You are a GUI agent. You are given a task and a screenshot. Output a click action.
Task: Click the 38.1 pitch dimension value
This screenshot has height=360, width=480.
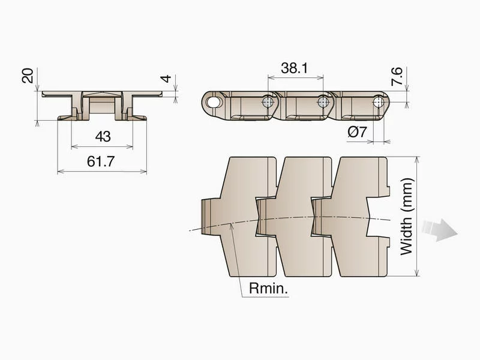point(294,68)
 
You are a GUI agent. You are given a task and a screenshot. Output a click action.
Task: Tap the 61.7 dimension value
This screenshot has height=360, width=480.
point(101,161)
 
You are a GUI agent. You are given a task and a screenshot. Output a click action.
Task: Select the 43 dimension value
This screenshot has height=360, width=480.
point(103,137)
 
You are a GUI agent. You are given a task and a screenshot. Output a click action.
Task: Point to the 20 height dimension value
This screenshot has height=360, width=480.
point(28,76)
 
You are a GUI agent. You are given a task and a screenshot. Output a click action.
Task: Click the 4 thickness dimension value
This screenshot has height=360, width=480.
point(166,79)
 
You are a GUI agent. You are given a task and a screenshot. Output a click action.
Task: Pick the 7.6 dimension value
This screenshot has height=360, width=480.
point(397,76)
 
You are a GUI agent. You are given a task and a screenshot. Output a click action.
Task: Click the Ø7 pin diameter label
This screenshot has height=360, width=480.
point(357,131)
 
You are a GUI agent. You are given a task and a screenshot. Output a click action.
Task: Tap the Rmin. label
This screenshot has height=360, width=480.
point(268,289)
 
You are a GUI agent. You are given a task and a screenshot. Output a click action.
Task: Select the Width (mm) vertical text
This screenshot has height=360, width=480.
point(407,217)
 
